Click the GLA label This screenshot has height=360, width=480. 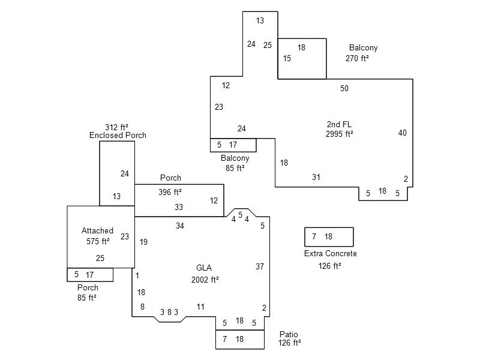point(204,268)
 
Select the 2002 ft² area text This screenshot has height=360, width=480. point(205,280)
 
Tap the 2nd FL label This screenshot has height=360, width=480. point(339,125)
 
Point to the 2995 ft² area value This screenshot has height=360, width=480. point(339,134)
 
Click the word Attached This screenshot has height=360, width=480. point(97,230)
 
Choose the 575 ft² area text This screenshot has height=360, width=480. point(97,241)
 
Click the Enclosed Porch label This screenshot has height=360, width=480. point(118,135)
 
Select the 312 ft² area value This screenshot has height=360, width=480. point(117,127)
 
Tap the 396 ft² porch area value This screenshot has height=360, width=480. point(170,193)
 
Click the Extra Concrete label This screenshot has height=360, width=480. point(331,254)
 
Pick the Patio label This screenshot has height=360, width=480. point(289,334)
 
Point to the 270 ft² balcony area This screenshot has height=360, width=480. point(357,59)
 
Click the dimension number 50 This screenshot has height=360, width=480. point(344,89)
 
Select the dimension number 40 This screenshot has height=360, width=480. point(402,133)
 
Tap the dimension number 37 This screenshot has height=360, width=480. point(260,266)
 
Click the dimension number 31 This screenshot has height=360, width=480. point(316,177)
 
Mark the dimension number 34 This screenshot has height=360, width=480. point(180,226)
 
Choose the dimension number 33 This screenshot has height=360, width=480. point(179,207)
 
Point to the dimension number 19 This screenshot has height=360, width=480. point(143,242)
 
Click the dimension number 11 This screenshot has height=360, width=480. point(200,307)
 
